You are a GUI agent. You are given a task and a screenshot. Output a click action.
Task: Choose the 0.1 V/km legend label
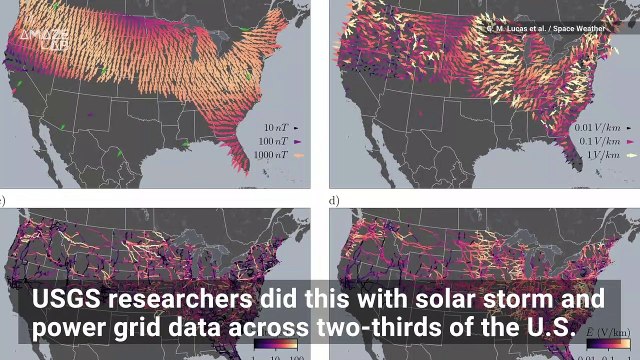pyautogui.click(x=594, y=144)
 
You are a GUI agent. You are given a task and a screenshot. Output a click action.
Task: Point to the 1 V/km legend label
pyautogui.click(x=598, y=158)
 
